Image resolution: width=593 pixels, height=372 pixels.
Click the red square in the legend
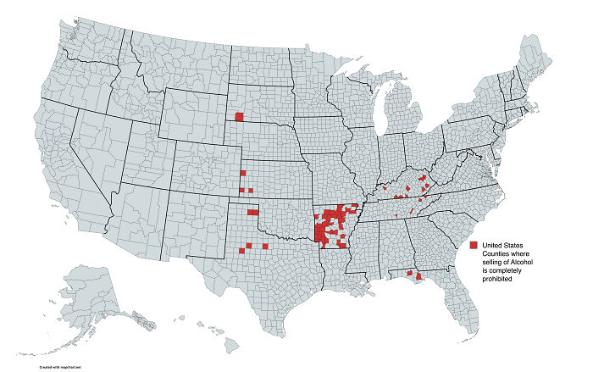[474, 244]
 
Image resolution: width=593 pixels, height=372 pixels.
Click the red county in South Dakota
[239, 117]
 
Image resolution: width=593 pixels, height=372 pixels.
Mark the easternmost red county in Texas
[265, 247]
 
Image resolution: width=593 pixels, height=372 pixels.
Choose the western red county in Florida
[410, 273]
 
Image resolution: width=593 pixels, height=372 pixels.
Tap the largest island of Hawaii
[230, 345]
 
